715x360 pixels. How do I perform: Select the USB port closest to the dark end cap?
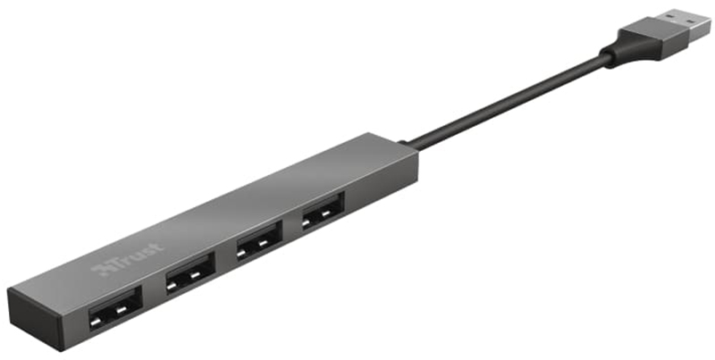coord(115,308)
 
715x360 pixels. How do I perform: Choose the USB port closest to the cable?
coord(323,211)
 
